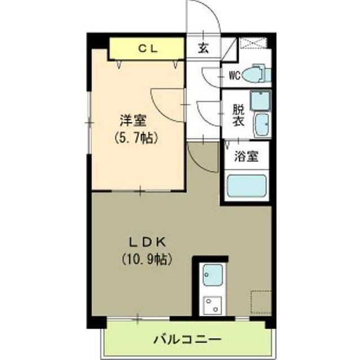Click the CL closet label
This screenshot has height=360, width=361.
pyautogui.click(x=148, y=48)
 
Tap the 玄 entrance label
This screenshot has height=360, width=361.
pyautogui.click(x=202, y=48)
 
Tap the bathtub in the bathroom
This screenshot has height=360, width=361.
pyautogui.click(x=246, y=186)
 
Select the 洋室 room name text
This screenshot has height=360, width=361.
pyautogui.click(x=133, y=120)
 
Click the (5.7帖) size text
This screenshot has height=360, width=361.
pyautogui.click(x=135, y=136)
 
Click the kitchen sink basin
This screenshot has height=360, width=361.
pyautogui.click(x=213, y=275)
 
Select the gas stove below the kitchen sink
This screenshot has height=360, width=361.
pyautogui.click(x=213, y=305)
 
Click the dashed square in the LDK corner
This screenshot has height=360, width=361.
pyautogui.click(x=261, y=301)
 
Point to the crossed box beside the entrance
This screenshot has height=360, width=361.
pyautogui.click(x=254, y=43)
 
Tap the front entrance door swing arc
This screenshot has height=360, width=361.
pyautogui.click(x=206, y=17)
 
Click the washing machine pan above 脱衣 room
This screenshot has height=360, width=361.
pyautogui.click(x=261, y=100)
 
